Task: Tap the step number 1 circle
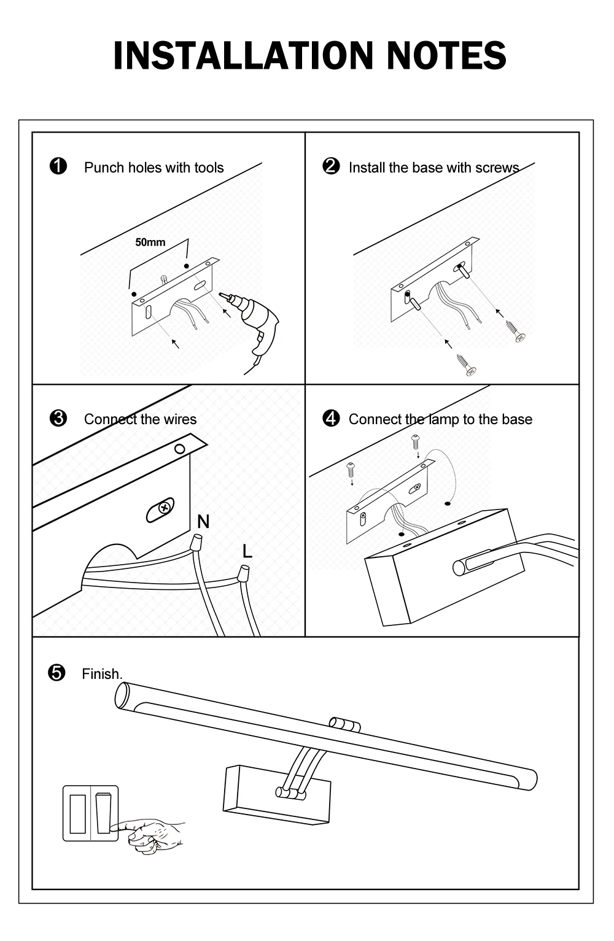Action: click(58, 166)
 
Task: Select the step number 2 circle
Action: click(331, 166)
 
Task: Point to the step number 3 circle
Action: click(58, 419)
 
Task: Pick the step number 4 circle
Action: click(331, 419)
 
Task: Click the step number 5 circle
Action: click(56, 673)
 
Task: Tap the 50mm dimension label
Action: click(150, 242)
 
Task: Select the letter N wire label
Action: click(203, 522)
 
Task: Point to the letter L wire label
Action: click(247, 551)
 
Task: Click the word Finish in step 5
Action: click(102, 674)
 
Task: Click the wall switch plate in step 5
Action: click(90, 813)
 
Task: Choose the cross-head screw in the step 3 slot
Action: click(163, 508)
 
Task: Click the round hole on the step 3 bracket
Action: click(179, 449)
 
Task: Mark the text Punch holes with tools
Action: click(153, 168)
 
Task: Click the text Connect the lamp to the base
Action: click(440, 419)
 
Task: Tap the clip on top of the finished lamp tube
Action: click(345, 724)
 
